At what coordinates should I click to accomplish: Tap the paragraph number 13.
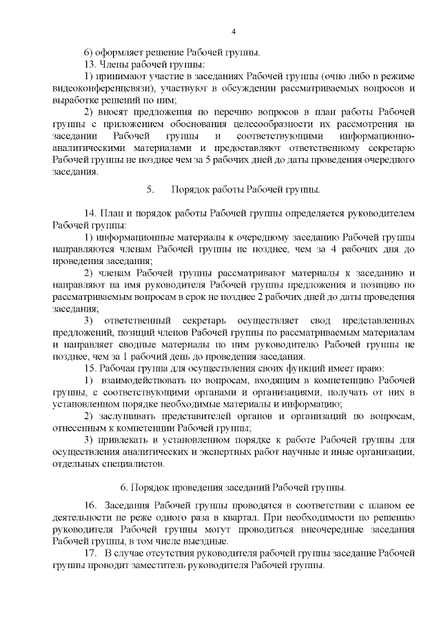(x=88, y=64)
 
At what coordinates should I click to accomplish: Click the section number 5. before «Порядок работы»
(x=150, y=189)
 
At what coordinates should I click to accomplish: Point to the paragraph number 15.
(x=89, y=368)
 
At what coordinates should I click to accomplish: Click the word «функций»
(x=271, y=368)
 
